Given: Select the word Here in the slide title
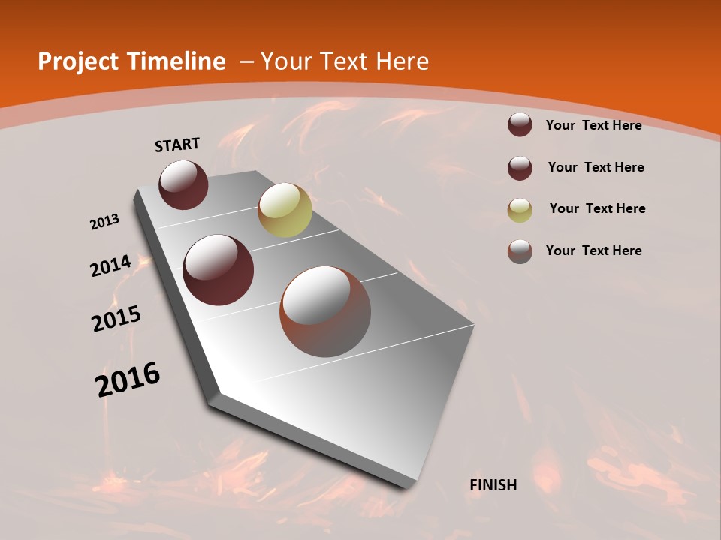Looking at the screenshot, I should point(402,61).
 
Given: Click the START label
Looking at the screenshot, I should point(177,145).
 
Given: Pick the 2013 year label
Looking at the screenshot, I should point(104,222).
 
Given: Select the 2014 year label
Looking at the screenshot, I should point(110,266).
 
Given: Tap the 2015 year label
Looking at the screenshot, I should point(116,318).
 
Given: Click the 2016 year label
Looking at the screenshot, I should point(128,379).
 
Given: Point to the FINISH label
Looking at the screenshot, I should point(493,485).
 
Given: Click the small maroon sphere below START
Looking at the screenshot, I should point(183,184).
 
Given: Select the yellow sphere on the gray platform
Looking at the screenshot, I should point(285,210).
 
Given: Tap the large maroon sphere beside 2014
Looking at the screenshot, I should point(218,270).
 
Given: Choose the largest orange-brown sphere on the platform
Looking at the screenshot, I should point(325,311).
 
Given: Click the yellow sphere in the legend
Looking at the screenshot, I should point(520,210).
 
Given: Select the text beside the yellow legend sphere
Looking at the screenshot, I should point(597,208).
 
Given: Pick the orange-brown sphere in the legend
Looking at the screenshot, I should point(520,251).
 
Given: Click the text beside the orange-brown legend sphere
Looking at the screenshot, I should point(593,250).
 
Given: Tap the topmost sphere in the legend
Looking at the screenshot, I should point(520,124).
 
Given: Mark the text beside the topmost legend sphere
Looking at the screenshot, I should point(593,125).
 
